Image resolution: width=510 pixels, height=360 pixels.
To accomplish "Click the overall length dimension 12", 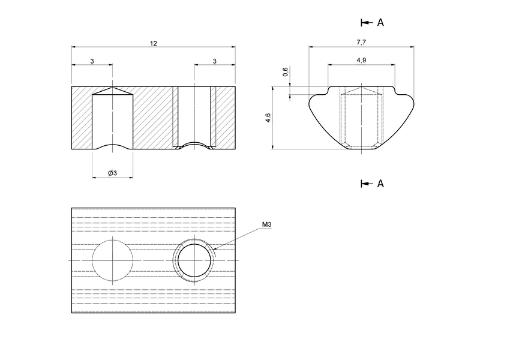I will click(x=154, y=43).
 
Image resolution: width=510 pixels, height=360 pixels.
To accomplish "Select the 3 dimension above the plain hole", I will click(x=92, y=61).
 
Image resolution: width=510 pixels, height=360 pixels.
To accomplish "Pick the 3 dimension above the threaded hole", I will click(x=214, y=61).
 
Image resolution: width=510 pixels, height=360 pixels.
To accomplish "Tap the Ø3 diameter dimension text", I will click(x=112, y=173).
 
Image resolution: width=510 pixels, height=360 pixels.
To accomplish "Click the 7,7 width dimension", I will click(x=361, y=43).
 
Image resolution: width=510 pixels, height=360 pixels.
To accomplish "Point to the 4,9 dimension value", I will click(x=361, y=61).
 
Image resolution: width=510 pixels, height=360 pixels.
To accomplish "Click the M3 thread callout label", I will click(x=267, y=224).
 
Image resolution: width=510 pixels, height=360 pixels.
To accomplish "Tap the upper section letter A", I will click(x=380, y=22).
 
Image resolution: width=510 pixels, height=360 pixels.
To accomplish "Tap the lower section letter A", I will click(x=380, y=183).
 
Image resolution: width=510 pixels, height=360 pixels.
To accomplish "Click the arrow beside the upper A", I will click(x=365, y=22).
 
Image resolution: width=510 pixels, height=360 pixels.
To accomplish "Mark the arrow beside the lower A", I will click(x=365, y=183).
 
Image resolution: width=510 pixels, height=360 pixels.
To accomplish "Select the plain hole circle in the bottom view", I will click(x=112, y=260).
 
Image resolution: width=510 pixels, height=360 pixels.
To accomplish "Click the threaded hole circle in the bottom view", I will click(x=194, y=260).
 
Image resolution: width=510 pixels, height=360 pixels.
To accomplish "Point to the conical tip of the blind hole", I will click(x=112, y=91).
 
